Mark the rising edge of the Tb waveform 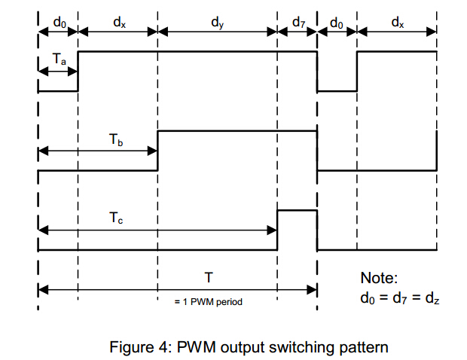[157, 151]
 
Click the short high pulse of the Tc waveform [297, 211]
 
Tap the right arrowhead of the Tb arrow [153, 151]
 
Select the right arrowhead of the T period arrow [313, 288]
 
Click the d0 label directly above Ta [59, 23]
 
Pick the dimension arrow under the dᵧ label [218, 32]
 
